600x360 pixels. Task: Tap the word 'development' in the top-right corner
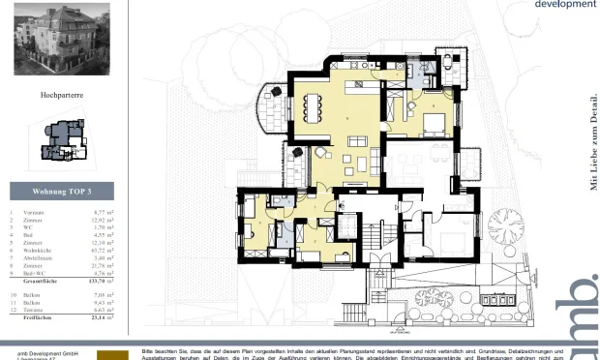pos(565,5)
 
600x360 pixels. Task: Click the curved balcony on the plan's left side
pos(276,108)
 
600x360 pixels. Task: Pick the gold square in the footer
pos(113,354)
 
